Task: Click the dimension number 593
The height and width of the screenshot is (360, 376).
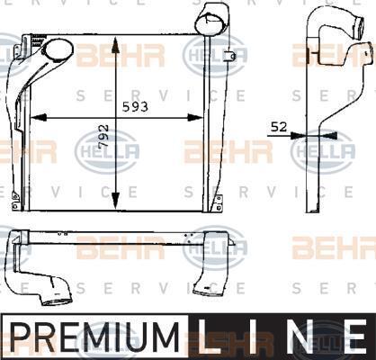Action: (x=135, y=106)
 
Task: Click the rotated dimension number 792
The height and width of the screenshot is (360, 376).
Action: (x=103, y=136)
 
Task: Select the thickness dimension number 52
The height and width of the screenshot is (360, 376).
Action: (x=279, y=127)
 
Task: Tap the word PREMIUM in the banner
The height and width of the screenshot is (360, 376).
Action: (x=94, y=337)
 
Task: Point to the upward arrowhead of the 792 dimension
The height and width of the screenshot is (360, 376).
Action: (x=115, y=44)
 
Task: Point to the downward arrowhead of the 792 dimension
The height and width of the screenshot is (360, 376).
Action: (x=115, y=200)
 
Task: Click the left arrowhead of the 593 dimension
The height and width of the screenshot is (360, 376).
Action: (x=39, y=118)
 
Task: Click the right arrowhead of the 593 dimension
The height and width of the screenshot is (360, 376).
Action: (x=195, y=118)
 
